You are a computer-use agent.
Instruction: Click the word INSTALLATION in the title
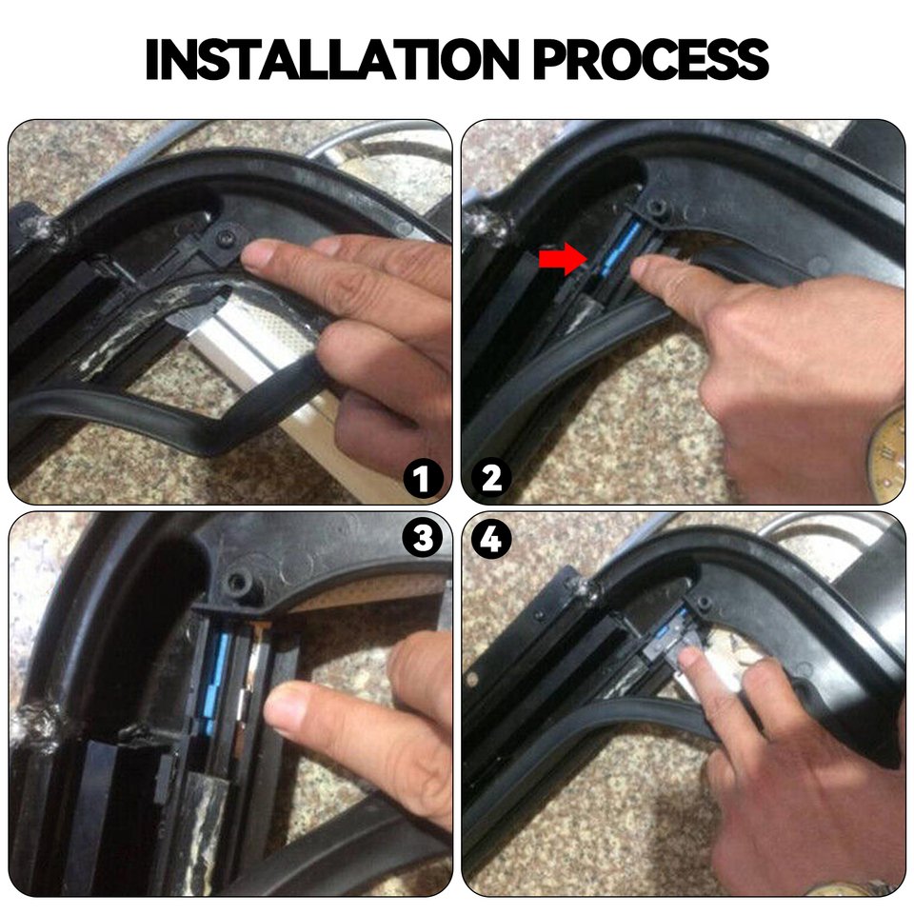tap(332, 59)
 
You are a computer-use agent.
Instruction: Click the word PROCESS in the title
tap(651, 59)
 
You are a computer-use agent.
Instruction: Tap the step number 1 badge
tap(423, 479)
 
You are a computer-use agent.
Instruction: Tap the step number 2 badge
tap(491, 479)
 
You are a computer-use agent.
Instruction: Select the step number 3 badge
tap(423, 538)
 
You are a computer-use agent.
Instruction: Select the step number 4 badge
tap(491, 538)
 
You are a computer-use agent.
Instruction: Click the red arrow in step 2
tap(562, 259)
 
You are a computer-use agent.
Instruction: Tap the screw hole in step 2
tap(659, 207)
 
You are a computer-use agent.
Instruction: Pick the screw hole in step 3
tap(238, 582)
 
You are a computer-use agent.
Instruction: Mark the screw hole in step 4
tap(705, 602)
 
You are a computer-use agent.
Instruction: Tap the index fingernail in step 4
tap(688, 656)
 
